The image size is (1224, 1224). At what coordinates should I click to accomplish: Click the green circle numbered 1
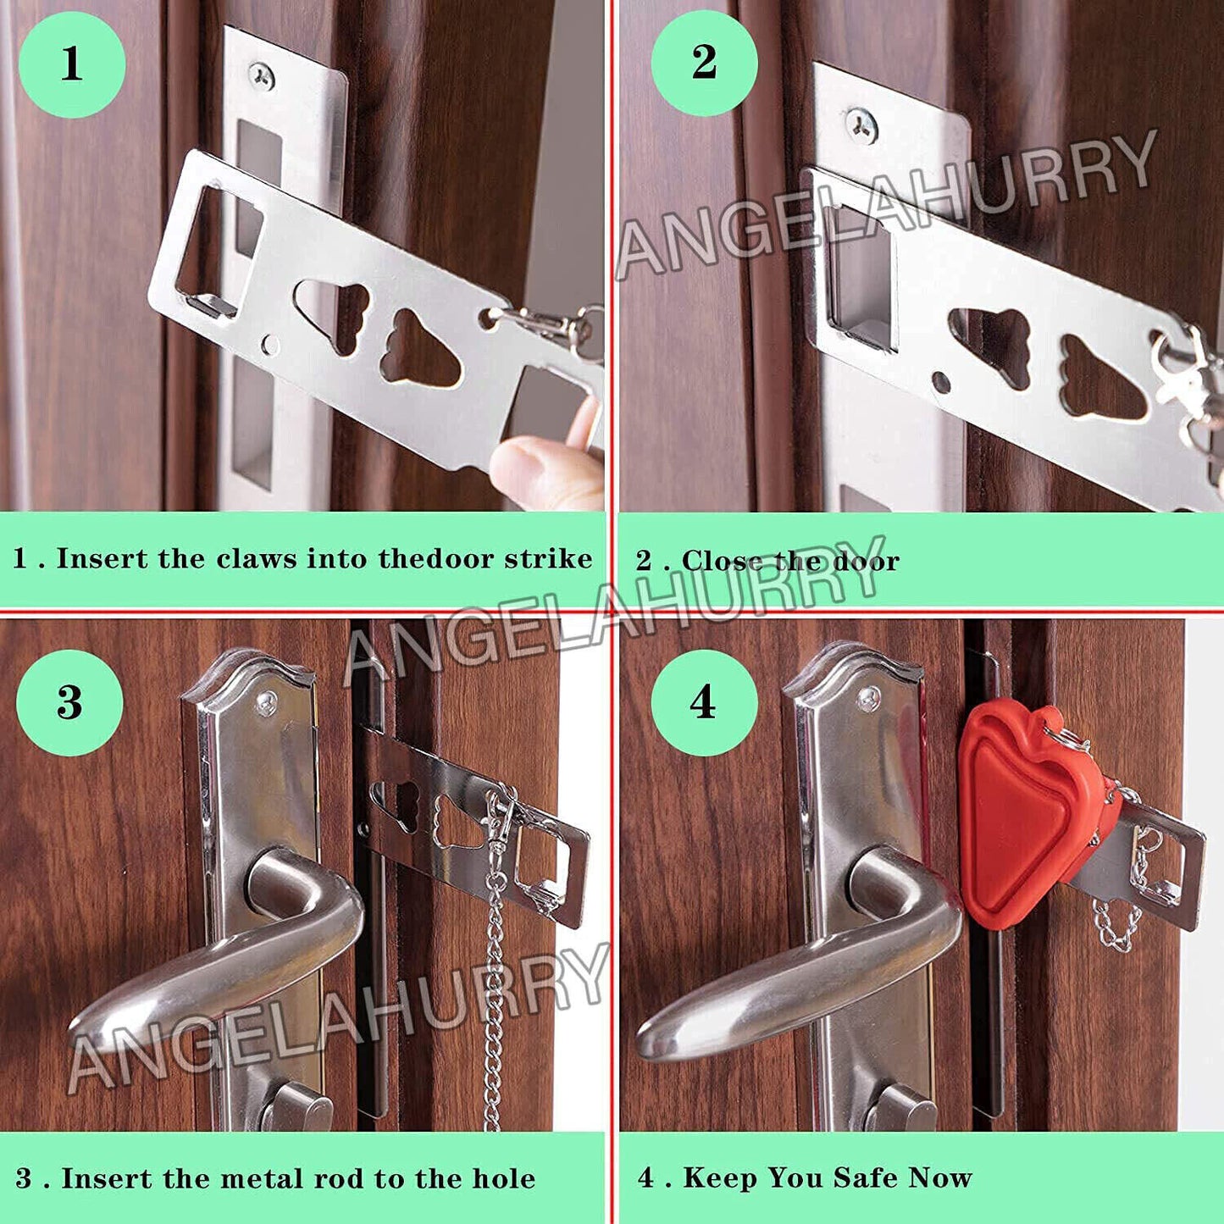coord(72,65)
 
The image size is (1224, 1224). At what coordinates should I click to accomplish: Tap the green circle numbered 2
coord(704,64)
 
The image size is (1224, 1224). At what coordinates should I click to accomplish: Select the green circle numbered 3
coord(69,703)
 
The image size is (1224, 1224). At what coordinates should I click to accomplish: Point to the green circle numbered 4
coord(703,703)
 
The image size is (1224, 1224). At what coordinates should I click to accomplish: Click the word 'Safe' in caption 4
coord(866,1177)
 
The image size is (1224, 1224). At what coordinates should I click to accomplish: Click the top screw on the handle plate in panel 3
coord(267,702)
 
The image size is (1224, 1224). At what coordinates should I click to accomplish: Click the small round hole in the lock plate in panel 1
coord(270,345)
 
